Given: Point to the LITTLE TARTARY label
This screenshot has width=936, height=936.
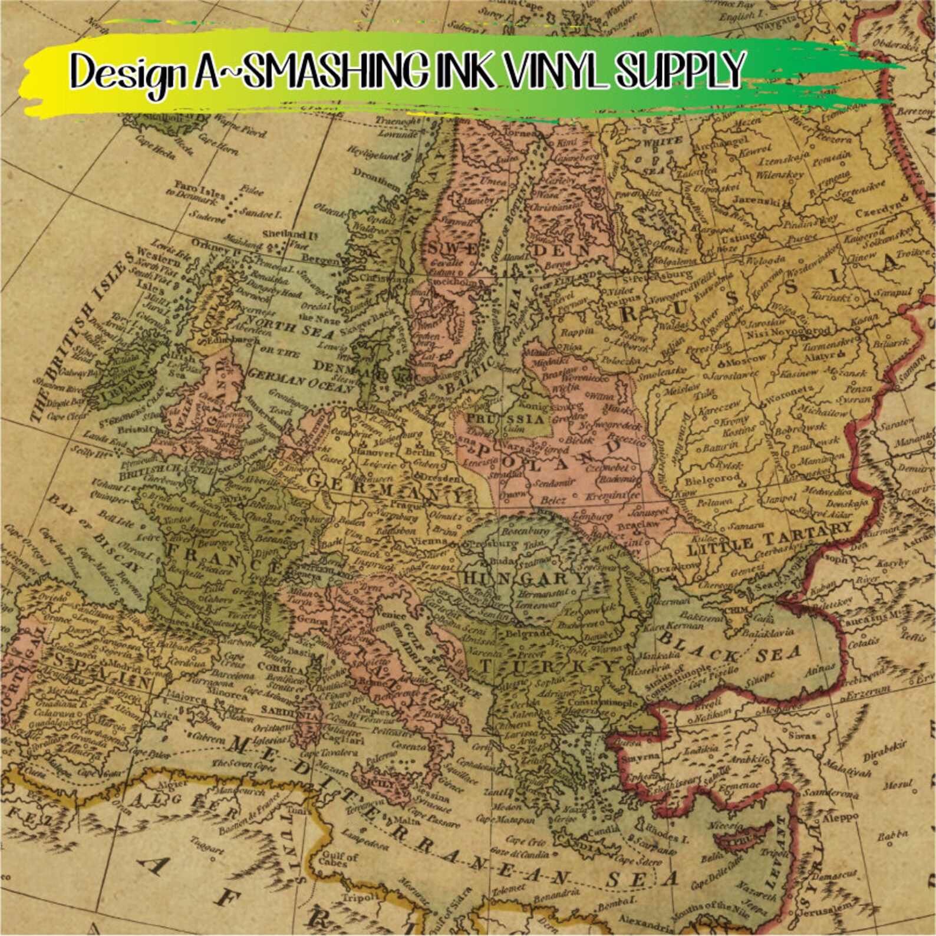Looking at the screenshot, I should click(769, 540).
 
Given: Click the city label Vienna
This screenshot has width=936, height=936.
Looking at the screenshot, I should click(430, 540).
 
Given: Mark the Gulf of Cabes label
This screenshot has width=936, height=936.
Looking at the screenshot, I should click(340, 860).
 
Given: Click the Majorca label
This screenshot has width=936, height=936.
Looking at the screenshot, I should click(189, 698).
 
